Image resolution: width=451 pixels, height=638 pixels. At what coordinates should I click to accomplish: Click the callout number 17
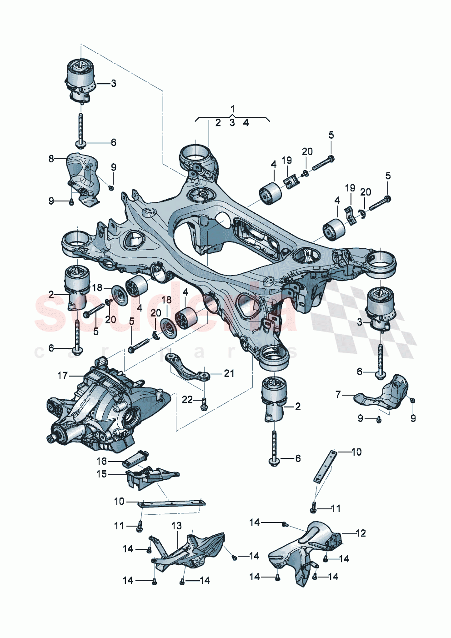pyautogui.click(x=62, y=376)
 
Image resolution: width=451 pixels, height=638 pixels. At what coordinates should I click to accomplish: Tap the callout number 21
pyautogui.click(x=229, y=373)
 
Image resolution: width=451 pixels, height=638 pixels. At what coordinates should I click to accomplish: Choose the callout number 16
pyautogui.click(x=101, y=461)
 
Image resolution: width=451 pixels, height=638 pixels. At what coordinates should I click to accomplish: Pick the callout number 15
pyautogui.click(x=101, y=474)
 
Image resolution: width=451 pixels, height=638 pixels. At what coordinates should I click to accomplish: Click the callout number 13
pyautogui.click(x=176, y=526)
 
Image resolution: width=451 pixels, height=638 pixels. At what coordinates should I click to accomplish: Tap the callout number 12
pyautogui.click(x=360, y=533)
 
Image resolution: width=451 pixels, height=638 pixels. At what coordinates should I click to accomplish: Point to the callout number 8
pyautogui.click(x=51, y=159)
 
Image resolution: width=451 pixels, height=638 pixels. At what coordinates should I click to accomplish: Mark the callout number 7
pyautogui.click(x=338, y=394)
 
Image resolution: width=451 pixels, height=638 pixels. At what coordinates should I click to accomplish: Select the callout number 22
pyautogui.click(x=187, y=400)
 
